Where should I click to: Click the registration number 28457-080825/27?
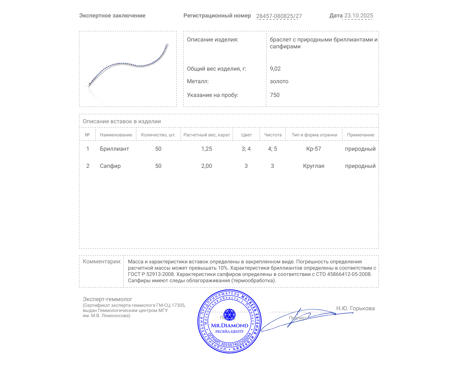[x=279, y=16]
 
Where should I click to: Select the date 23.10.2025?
[x=358, y=16]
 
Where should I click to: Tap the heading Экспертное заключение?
[x=112, y=16]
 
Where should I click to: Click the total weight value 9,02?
[x=275, y=69]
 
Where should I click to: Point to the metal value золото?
[x=279, y=81]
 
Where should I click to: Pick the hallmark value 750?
[x=275, y=95]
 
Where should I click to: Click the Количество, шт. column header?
[x=158, y=135]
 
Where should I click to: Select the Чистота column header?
[x=273, y=135]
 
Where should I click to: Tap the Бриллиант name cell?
[x=114, y=149]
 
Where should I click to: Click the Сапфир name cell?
[x=110, y=166]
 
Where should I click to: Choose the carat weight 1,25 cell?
[x=207, y=149]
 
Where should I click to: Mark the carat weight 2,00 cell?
[x=207, y=166]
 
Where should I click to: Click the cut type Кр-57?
[x=314, y=149]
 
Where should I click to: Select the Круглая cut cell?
[x=314, y=166]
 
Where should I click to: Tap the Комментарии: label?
[x=102, y=261]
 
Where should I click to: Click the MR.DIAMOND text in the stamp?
[x=230, y=325]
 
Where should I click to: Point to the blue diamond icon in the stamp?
[x=229, y=314]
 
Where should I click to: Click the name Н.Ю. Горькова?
[x=355, y=308]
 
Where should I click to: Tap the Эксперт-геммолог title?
[x=107, y=299]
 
